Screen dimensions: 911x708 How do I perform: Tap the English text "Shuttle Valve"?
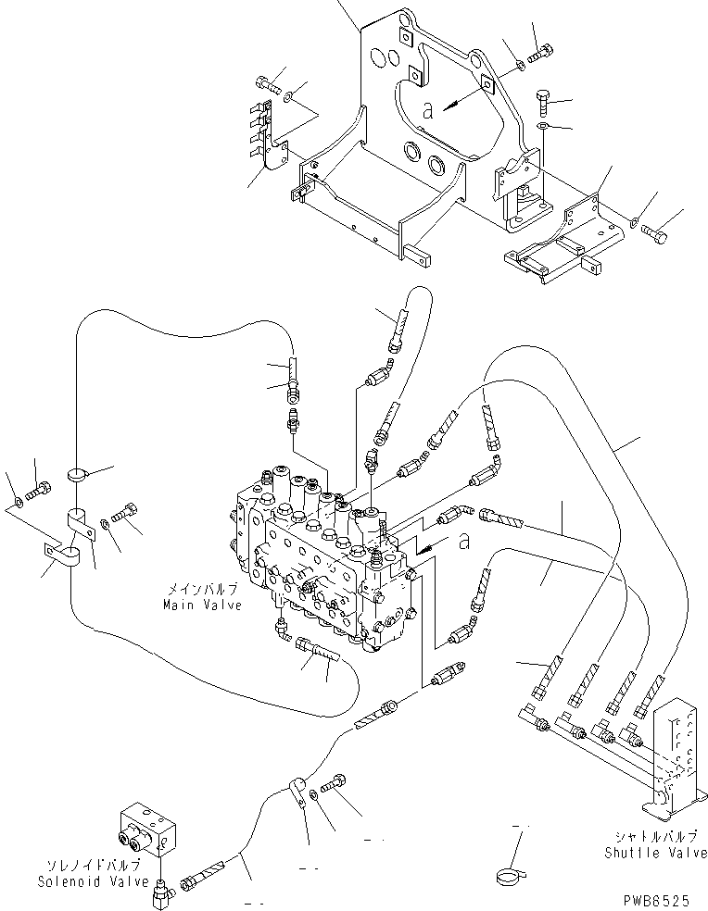(655, 853)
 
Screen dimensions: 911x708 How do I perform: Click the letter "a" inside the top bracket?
(427, 109)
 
